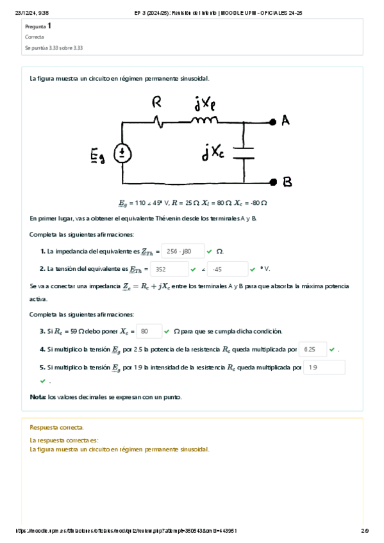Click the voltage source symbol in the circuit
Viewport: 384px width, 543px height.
(123, 153)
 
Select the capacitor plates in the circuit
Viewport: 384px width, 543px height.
(244, 152)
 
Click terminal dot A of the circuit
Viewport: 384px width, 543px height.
(274, 120)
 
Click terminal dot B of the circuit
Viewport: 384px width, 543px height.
(274, 182)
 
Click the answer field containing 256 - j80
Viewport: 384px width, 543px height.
(182, 251)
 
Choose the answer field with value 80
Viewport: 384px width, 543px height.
(149, 331)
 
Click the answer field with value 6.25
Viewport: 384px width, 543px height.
(312, 350)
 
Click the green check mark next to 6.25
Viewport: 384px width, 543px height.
(331, 350)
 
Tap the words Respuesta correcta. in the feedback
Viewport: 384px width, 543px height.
(57, 427)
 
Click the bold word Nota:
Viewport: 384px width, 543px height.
(38, 397)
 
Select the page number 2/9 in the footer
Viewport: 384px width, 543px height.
(365, 531)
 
